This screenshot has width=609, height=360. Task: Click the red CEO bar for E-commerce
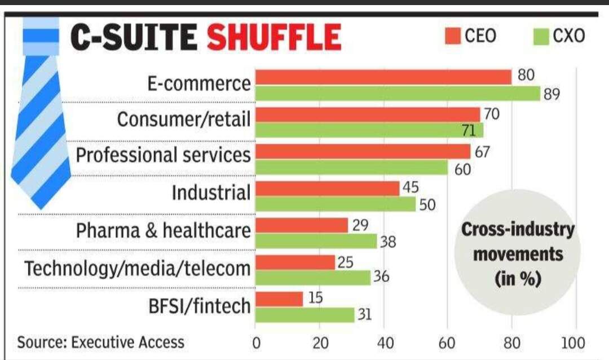point(383,77)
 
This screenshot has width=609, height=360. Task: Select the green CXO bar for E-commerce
point(398,94)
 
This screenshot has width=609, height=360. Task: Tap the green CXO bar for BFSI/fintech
point(305,315)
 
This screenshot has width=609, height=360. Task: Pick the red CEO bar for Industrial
point(328,188)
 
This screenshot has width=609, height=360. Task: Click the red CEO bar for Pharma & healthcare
point(302,226)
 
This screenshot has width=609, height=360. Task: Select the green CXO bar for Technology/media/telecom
point(313,278)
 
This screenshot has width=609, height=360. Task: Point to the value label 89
point(551,94)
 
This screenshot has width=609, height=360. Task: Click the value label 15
point(315,297)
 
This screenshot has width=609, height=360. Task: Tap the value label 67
point(482,152)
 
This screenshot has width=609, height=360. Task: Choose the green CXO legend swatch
point(541,37)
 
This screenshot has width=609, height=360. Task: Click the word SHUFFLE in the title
point(274,38)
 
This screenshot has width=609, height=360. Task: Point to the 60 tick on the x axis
point(448,343)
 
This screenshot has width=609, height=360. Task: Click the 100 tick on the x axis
point(573,343)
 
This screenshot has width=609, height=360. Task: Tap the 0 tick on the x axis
point(256,343)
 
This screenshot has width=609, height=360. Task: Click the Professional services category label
point(163,155)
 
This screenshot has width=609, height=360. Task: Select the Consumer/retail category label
point(184,119)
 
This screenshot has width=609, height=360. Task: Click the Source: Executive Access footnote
point(100,342)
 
